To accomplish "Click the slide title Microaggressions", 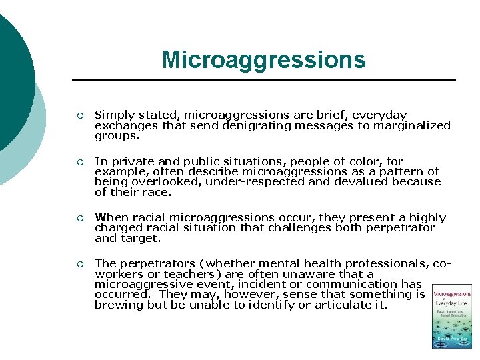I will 263,60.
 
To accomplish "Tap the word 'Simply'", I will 113,115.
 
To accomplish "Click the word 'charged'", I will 115,227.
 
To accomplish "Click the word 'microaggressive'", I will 138,284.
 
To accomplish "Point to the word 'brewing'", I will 115,305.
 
